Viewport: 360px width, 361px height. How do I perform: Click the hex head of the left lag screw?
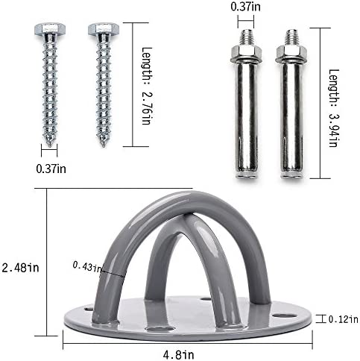(50, 29)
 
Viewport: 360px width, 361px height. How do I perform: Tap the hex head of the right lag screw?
(104, 29)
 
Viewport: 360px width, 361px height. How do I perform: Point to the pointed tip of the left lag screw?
(50, 145)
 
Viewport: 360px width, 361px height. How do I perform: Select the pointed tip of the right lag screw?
(104, 145)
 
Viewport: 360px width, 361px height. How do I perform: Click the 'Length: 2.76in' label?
(146, 86)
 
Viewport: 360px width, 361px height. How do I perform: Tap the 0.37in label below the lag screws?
(51, 169)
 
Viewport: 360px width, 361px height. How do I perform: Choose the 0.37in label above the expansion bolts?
(245, 7)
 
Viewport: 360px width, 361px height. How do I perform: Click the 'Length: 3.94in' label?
(334, 108)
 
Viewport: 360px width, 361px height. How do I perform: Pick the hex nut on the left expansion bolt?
(246, 53)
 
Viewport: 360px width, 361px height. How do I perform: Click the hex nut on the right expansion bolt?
(291, 53)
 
